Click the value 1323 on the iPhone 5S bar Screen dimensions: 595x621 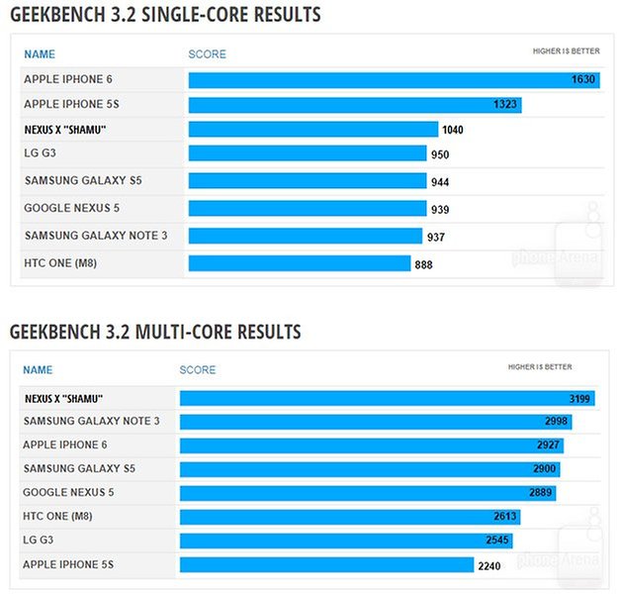505,104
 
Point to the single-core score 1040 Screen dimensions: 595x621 453,130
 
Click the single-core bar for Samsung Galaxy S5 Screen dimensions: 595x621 307,181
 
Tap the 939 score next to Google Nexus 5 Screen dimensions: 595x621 440,209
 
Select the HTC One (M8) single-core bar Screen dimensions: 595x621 299,263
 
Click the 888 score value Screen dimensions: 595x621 423,264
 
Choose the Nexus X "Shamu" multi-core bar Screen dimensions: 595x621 387,398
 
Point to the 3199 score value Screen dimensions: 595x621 580,399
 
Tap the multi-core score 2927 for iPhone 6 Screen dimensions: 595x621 549,446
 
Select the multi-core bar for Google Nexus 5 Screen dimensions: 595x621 367,493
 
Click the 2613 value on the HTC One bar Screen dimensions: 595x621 504,517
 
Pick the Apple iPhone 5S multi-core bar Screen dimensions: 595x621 326,565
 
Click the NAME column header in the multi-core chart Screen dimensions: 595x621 38,370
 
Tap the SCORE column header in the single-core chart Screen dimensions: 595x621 207,53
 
